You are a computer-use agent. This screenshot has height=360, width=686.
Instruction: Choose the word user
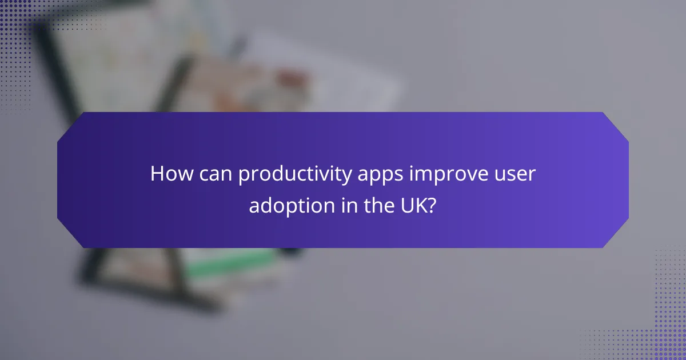pyautogui.click(x=517, y=175)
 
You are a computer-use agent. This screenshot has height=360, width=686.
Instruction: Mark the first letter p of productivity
pyautogui.click(x=243, y=177)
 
